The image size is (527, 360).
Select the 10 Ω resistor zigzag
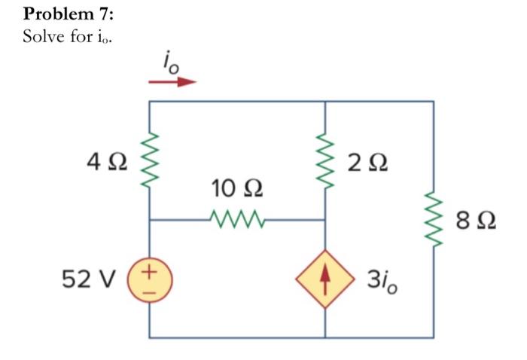pos(238,220)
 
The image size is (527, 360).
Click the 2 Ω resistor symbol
pos(324,161)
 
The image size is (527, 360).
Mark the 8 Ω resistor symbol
pos(433,219)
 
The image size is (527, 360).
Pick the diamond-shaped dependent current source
pos(324,279)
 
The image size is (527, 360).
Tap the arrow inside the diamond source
pos(324,279)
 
